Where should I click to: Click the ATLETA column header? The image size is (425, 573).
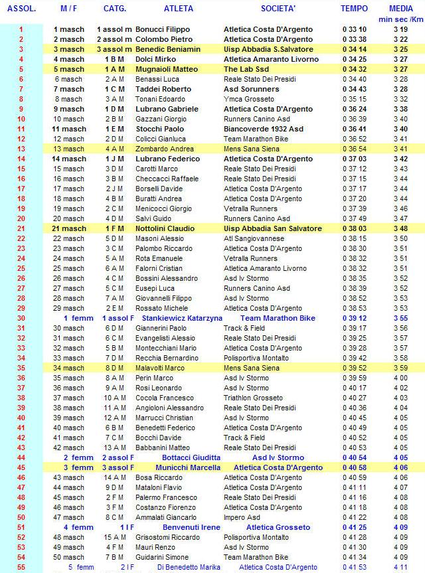point(178,9)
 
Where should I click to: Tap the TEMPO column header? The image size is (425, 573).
point(353,9)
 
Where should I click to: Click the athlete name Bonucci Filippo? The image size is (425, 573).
point(162,30)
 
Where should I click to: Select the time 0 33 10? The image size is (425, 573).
point(354,30)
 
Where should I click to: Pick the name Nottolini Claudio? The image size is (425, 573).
point(165,228)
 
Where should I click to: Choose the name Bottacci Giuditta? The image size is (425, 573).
point(181,457)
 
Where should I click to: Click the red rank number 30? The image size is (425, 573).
point(21,318)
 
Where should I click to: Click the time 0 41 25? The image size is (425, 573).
point(354,527)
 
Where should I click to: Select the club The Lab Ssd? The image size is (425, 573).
point(246,69)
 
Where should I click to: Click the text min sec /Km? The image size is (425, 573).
point(400,19)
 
